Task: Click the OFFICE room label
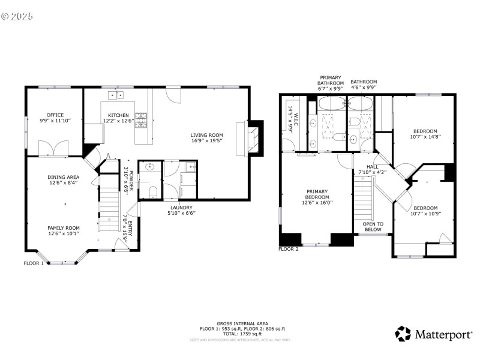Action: click(55, 115)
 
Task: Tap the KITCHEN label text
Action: click(118, 115)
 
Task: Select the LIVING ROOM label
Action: click(207, 134)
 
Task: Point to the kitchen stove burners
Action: click(141, 120)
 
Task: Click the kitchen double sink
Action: click(116, 95)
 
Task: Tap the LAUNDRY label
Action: click(181, 207)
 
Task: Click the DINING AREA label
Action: click(64, 177)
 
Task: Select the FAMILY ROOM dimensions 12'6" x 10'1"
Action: click(63, 234)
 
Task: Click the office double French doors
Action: click(49, 148)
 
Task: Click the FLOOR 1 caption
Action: click(34, 263)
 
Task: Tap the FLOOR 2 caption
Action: click(289, 248)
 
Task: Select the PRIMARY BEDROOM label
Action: click(317, 197)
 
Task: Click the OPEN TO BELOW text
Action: click(373, 226)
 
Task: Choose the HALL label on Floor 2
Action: click(372, 167)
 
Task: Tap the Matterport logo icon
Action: click(403, 334)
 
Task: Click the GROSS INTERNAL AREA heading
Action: click(243, 323)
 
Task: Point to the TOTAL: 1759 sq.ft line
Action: click(243, 333)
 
